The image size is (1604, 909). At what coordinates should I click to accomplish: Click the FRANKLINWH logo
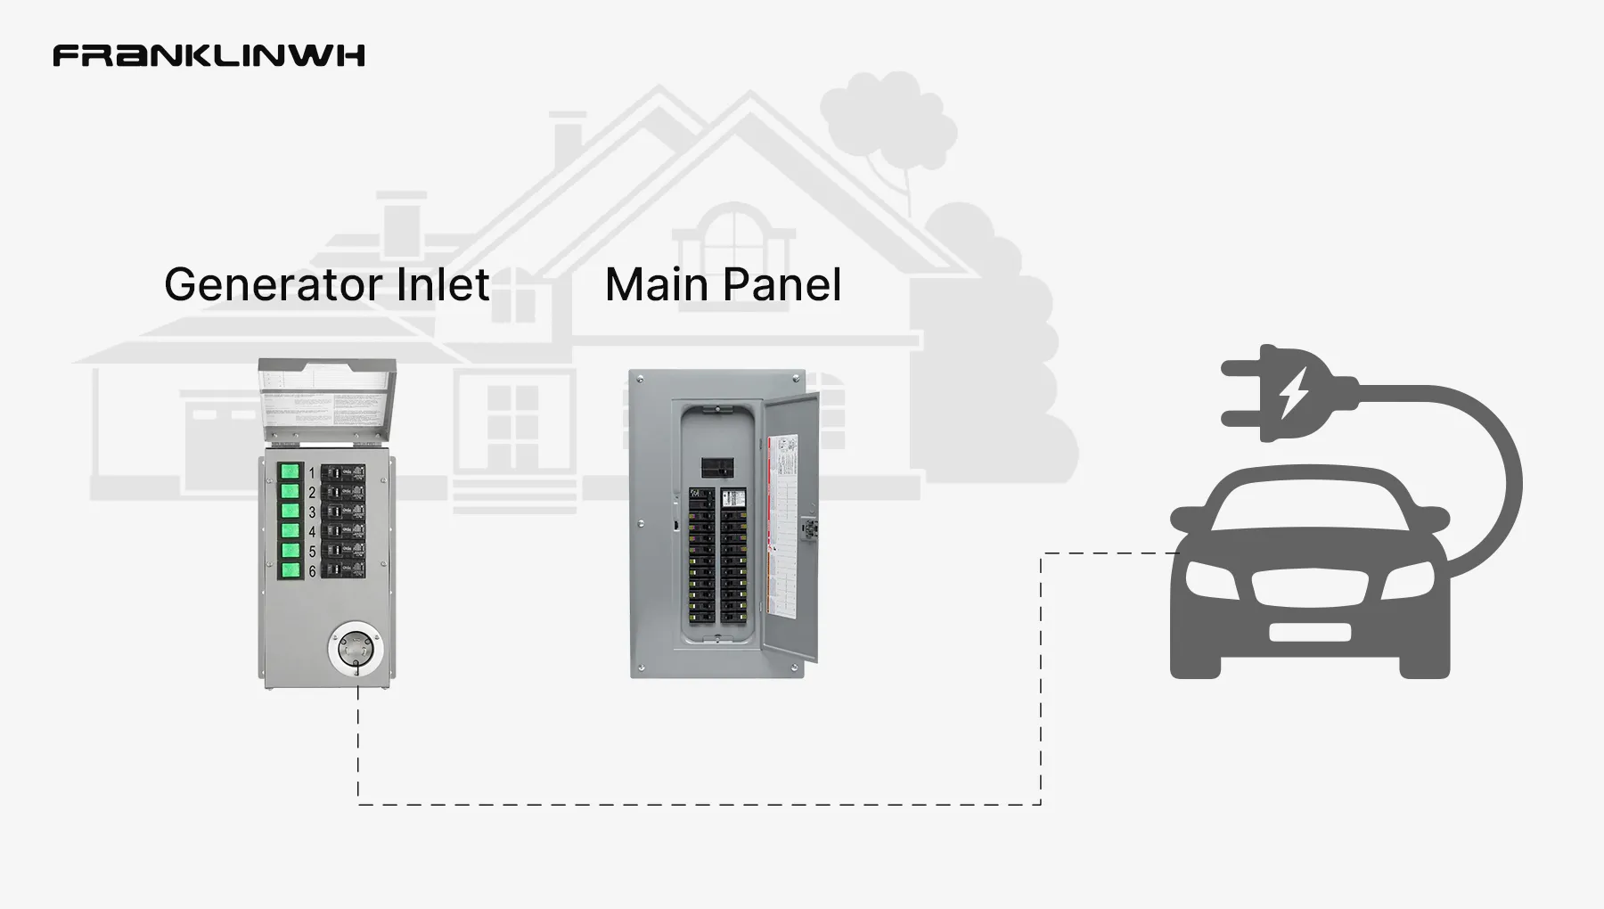[x=209, y=55]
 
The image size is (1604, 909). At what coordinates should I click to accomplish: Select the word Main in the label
[x=658, y=285]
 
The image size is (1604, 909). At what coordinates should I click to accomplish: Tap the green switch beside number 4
[x=290, y=530]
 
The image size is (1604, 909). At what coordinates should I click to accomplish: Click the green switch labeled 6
[x=290, y=569]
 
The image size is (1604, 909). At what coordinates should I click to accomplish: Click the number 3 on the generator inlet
[x=312, y=512]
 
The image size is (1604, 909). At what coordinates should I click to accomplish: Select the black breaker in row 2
[x=343, y=492]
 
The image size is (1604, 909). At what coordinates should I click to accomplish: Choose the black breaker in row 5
[x=343, y=550]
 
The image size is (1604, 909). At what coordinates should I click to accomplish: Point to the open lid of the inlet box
[x=326, y=400]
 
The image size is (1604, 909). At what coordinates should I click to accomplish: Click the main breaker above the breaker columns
[x=717, y=468]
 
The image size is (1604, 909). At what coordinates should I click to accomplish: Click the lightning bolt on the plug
[x=1294, y=393]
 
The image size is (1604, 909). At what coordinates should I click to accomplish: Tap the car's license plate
[x=1309, y=633]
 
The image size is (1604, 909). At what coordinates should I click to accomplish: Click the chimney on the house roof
[x=567, y=143]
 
